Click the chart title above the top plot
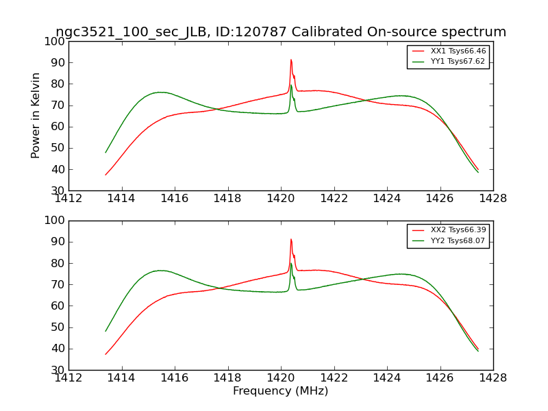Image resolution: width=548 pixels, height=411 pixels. pyautogui.click(x=281, y=32)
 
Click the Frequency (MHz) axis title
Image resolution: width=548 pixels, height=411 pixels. pyautogui.click(x=281, y=391)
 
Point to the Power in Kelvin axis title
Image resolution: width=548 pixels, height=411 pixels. pyautogui.click(x=36, y=115)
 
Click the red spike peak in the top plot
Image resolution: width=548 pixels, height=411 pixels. pyautogui.click(x=290, y=60)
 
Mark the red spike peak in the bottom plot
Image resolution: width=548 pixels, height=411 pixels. pyautogui.click(x=290, y=239)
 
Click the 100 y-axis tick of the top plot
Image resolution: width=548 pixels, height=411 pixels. pyautogui.click(x=57, y=41)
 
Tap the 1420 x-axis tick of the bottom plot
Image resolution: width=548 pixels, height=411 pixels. pyautogui.click(x=281, y=377)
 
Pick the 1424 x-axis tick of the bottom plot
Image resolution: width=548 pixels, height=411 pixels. pyautogui.click(x=387, y=377)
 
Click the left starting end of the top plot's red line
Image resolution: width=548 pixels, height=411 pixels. pyautogui.click(x=105, y=175)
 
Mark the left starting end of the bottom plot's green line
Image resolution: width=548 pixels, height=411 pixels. pyautogui.click(x=105, y=331)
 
